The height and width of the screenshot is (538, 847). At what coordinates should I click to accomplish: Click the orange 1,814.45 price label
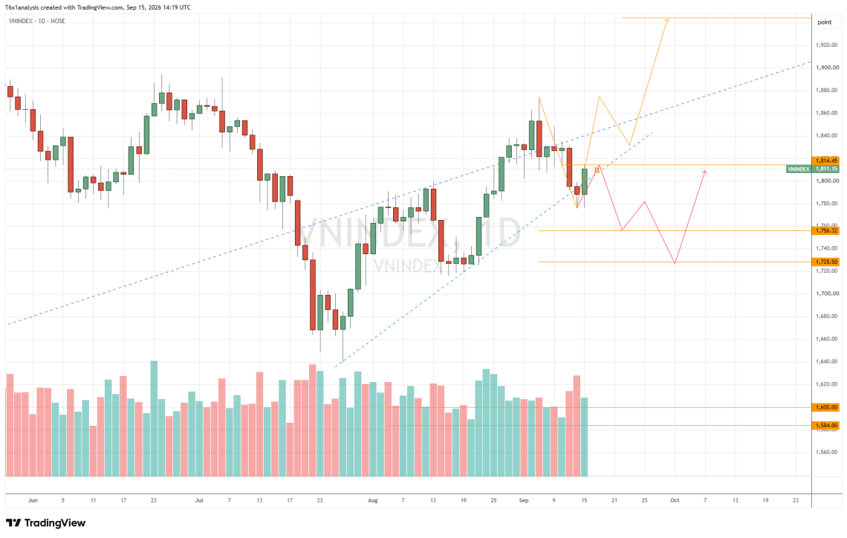(x=826, y=161)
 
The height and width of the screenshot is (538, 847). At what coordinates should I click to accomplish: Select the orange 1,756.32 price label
(x=826, y=230)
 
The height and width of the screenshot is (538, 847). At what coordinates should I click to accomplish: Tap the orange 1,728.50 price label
(x=826, y=262)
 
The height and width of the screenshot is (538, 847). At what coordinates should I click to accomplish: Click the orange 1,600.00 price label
(x=826, y=407)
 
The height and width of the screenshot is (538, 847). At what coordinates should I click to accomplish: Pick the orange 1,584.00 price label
(x=826, y=426)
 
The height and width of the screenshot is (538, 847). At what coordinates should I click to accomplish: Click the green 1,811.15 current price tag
(x=826, y=169)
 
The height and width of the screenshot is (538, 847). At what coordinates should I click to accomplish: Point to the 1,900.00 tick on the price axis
(x=827, y=68)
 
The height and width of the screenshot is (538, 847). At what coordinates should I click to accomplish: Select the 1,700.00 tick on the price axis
(x=827, y=294)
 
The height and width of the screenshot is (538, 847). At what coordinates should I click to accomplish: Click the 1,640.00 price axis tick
(x=827, y=361)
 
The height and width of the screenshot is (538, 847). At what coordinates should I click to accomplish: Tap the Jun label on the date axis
(x=33, y=500)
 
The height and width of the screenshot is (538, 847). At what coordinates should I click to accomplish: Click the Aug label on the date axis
(x=373, y=500)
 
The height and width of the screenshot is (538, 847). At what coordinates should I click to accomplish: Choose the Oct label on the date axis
(x=675, y=500)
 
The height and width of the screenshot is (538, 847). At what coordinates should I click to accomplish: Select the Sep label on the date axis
(x=524, y=500)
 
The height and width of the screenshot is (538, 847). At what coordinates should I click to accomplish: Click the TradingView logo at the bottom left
(x=45, y=523)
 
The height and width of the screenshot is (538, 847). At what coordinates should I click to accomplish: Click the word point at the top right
(x=824, y=22)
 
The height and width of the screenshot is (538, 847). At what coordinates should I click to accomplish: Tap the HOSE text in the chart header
(x=58, y=21)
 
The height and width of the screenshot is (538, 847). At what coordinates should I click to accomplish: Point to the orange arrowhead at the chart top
(x=668, y=20)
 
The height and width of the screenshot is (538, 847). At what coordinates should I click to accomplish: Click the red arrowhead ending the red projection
(x=704, y=172)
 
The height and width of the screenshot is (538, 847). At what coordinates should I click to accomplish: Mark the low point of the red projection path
(x=675, y=263)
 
